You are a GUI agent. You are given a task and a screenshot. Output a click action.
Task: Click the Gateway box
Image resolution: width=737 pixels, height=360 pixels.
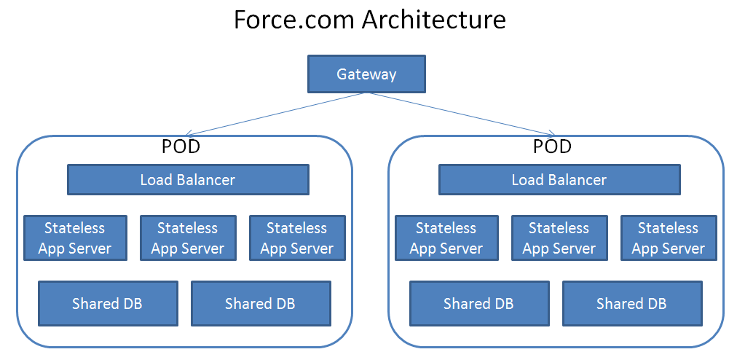[366, 74]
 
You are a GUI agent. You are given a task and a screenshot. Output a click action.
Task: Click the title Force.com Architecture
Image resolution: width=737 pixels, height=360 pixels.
[369, 20]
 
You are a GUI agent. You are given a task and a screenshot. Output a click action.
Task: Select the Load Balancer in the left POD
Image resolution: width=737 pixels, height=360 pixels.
[188, 179]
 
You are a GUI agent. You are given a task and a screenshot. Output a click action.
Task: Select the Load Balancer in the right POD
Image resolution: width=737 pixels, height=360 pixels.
[559, 179]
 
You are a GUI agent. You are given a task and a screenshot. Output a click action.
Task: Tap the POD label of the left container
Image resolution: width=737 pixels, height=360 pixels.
[181, 146]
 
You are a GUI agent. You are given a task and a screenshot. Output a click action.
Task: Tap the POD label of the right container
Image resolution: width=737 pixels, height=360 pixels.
[552, 146]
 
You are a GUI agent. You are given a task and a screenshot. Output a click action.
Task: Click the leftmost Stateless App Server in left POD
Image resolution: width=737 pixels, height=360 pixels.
[75, 238]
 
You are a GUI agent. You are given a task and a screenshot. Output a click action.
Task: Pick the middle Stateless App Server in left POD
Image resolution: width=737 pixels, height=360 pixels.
[188, 238]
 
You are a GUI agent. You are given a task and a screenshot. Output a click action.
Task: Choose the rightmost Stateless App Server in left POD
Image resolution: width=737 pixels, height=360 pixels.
[297, 238]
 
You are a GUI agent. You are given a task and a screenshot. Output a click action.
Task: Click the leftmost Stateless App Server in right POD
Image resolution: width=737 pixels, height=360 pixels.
[446, 238]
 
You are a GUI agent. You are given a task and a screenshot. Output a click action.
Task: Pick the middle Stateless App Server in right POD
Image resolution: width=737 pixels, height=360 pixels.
[559, 238]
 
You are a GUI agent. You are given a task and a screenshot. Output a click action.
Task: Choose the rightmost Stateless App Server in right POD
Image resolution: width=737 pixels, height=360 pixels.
[669, 238]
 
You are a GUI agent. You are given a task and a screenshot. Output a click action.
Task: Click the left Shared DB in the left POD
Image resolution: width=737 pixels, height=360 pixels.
[108, 303]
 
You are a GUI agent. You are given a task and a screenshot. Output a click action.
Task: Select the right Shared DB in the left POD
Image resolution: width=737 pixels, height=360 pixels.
[261, 303]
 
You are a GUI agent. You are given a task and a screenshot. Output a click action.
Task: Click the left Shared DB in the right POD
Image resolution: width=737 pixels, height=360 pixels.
[479, 303]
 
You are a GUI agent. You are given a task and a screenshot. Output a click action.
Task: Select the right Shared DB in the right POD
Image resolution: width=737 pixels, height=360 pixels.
[632, 303]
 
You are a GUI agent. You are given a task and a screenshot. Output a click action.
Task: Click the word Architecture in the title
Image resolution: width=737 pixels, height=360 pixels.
[435, 20]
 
